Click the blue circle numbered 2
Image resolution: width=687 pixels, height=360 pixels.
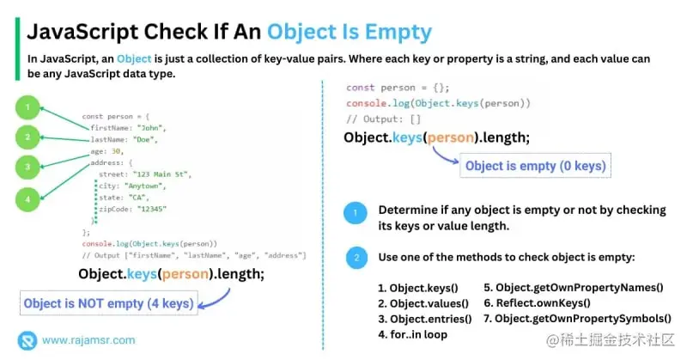pyautogui.click(x=355, y=257)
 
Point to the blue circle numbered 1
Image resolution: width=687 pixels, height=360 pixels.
pyautogui.click(x=355, y=213)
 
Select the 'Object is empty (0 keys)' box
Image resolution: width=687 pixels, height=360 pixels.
pyautogui.click(x=535, y=165)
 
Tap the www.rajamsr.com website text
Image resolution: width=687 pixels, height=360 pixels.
pyautogui.click(x=89, y=339)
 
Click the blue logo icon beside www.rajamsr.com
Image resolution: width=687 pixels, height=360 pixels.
pyautogui.click(x=28, y=339)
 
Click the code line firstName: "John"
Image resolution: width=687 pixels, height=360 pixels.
pyautogui.click(x=126, y=127)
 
